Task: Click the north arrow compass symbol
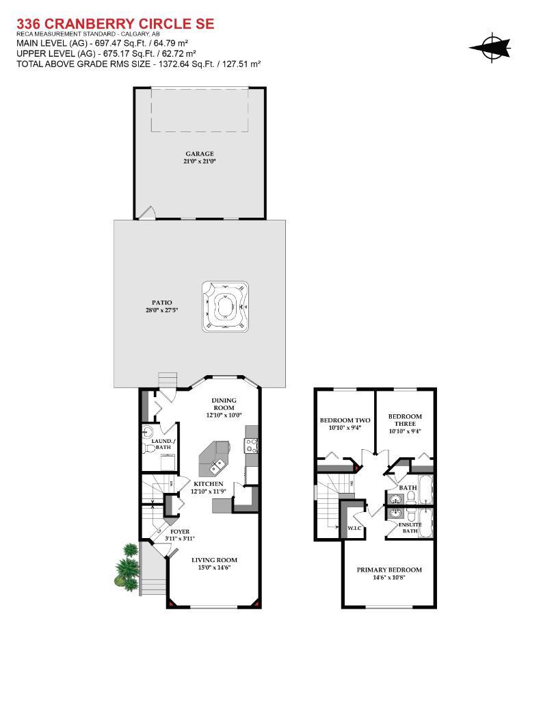click(x=490, y=47)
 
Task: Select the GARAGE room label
click(x=200, y=153)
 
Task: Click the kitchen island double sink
click(x=218, y=467)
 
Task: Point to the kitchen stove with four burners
click(x=251, y=445)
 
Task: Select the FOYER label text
click(x=180, y=531)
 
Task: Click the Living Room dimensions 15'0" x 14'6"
click(x=214, y=568)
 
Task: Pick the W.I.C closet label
click(x=355, y=528)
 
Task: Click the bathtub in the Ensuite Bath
click(x=426, y=524)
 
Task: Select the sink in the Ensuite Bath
click(x=396, y=513)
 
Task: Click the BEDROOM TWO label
click(x=345, y=420)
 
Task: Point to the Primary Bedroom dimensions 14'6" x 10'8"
click(x=389, y=577)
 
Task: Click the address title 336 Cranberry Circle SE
click(x=116, y=24)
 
